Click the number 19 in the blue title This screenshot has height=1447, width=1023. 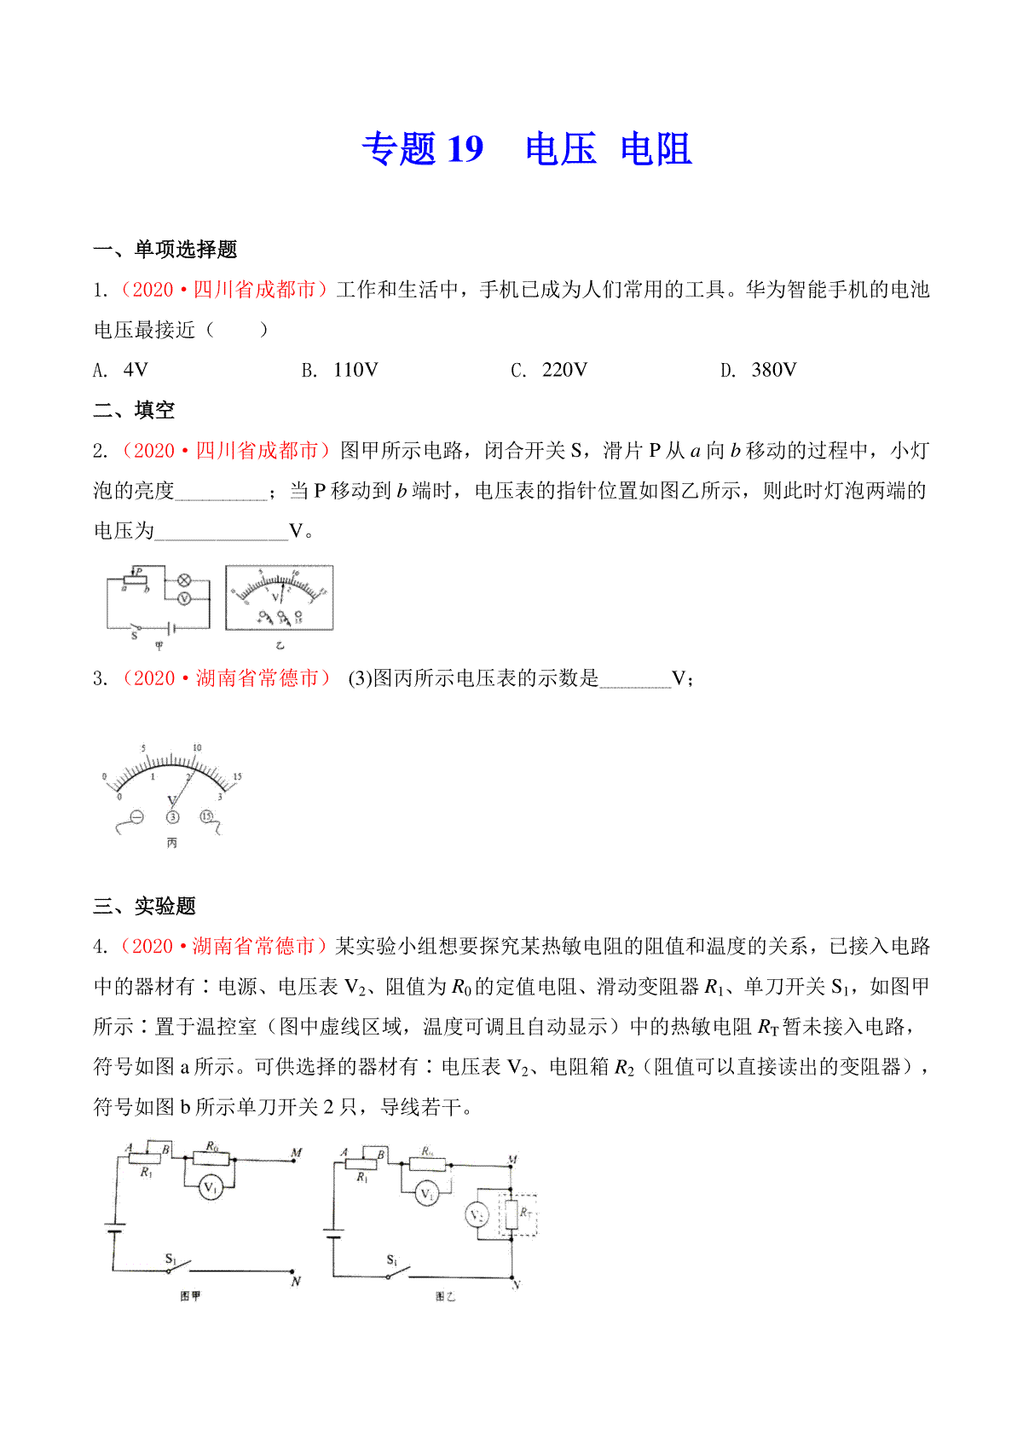(465, 149)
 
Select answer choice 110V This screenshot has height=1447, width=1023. (355, 370)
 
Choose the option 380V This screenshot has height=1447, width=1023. (774, 370)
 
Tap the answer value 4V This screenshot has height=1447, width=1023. (136, 370)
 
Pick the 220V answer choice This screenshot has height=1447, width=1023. (564, 370)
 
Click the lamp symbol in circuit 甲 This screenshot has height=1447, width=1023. (183, 580)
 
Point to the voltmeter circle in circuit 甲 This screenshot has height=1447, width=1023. (183, 599)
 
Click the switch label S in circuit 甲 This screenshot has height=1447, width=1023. (134, 635)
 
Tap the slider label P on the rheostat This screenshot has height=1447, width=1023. (139, 571)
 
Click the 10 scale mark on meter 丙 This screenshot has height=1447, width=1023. (197, 748)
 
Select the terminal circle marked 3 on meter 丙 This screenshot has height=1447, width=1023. (173, 817)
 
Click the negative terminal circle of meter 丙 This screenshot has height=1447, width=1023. (136, 817)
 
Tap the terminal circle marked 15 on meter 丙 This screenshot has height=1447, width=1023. (205, 816)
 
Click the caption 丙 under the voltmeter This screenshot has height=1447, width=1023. (172, 843)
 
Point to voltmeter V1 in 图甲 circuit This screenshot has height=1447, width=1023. (210, 1188)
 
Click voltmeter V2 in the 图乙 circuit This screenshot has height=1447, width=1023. (477, 1214)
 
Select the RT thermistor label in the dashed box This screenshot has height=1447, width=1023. (526, 1212)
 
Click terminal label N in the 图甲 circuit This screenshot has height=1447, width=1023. (296, 1282)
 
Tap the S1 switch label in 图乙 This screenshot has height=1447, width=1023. (391, 1260)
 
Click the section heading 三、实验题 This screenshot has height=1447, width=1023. (145, 906)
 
